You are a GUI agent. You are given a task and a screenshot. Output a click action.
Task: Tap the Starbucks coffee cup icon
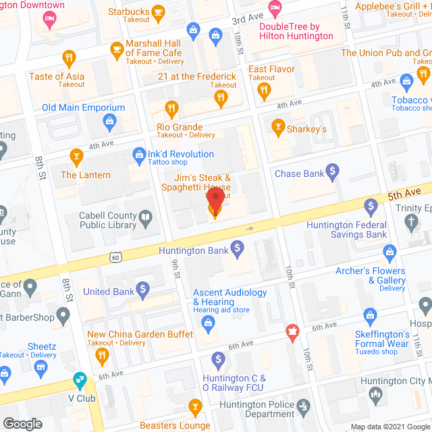[x=159, y=11]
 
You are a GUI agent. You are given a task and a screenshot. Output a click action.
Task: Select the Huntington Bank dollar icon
[x=237, y=250]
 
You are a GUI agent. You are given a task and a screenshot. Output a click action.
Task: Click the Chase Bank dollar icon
[x=332, y=173]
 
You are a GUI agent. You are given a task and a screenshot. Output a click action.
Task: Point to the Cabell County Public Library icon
[x=145, y=217]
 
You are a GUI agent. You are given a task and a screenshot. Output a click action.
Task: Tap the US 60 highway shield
[x=116, y=258]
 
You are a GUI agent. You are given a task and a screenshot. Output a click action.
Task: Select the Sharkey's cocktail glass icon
[x=277, y=126]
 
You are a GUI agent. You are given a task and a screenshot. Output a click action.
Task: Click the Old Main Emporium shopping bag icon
[x=109, y=122]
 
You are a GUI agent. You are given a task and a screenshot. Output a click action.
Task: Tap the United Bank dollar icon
[x=142, y=291]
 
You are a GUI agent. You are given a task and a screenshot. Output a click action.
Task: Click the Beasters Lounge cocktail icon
[x=195, y=406]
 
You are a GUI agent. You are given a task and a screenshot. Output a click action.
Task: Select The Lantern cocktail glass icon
[x=76, y=158]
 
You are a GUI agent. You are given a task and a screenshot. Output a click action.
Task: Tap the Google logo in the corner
[x=22, y=423]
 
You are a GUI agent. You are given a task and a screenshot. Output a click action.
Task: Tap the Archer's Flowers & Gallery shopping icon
[x=389, y=252]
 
